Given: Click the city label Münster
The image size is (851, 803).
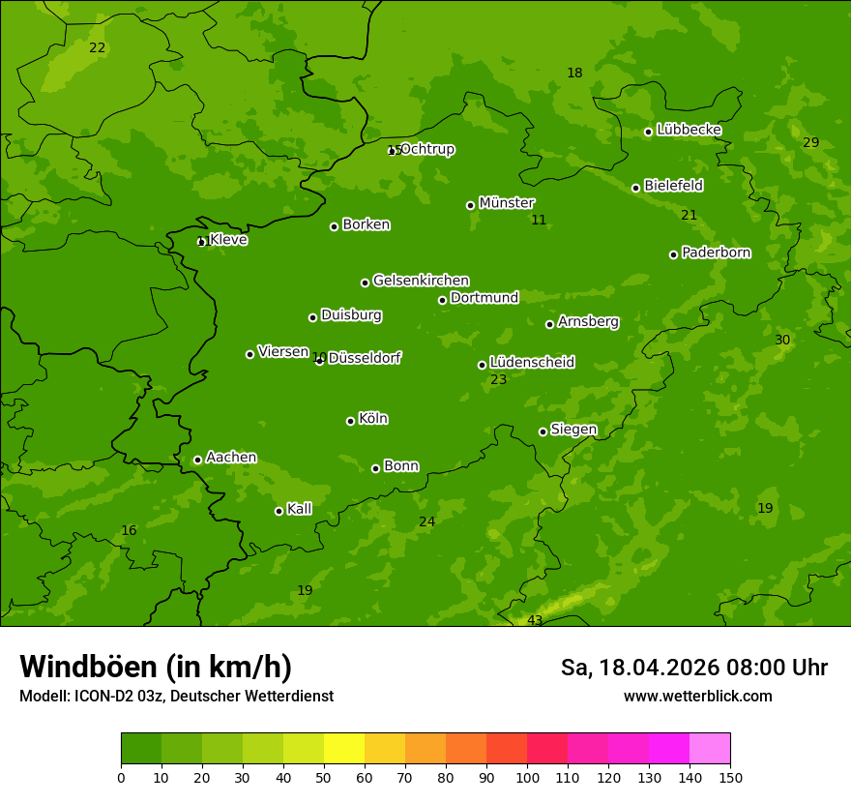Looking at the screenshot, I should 506,203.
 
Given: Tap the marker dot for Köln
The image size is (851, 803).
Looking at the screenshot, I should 350,421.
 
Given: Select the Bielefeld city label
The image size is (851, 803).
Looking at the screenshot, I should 673,186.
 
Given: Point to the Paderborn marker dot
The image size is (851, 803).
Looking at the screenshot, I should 673,254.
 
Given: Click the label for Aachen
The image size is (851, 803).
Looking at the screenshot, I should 231,458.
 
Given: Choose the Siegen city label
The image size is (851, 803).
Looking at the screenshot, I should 573,430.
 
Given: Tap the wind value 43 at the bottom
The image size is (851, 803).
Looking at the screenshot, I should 535,620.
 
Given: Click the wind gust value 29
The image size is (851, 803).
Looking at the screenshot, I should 810,143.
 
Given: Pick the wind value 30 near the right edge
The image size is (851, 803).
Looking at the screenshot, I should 782,341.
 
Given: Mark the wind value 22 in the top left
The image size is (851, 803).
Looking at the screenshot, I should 97,48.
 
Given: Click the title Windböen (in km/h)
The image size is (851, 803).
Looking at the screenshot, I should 156,667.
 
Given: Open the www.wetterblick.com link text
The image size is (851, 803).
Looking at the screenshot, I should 697,697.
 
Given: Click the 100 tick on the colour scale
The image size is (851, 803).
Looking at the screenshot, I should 527,777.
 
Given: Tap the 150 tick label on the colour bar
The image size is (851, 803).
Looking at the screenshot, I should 730,777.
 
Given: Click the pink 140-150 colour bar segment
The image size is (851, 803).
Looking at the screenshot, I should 710,749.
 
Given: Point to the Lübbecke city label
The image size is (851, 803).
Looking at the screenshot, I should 689,130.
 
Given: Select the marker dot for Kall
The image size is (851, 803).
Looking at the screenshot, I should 279,511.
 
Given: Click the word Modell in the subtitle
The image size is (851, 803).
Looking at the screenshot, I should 44,697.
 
